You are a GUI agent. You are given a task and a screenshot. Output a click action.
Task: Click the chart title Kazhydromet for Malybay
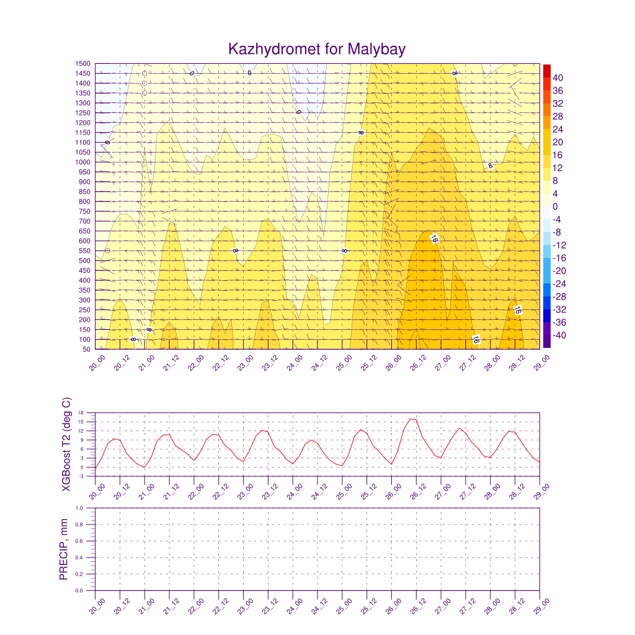(x=317, y=49)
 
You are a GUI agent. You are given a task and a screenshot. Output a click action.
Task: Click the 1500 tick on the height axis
(x=82, y=63)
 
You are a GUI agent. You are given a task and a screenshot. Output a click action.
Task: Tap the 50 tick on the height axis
(x=86, y=350)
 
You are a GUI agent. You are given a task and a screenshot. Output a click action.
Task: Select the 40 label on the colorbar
(x=558, y=78)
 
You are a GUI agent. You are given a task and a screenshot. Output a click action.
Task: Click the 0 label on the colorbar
(x=556, y=206)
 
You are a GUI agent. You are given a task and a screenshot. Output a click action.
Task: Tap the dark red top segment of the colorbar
(x=546, y=70)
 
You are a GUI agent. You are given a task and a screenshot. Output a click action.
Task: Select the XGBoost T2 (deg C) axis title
(x=67, y=445)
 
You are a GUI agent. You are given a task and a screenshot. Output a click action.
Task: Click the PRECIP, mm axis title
(x=63, y=549)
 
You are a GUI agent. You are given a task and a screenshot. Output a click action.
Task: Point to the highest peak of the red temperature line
(x=412, y=419)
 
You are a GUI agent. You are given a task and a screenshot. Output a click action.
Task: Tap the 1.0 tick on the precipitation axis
(x=87, y=508)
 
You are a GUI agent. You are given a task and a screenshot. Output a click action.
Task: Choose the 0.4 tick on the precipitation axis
(x=87, y=557)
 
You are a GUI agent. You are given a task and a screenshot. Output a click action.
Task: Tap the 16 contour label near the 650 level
(x=434, y=239)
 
